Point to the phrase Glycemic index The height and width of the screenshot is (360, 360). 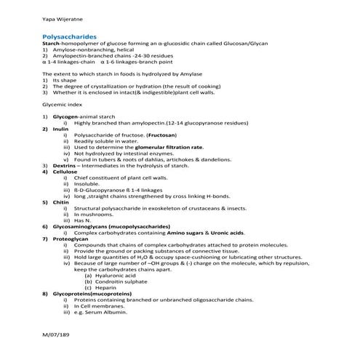(x=62, y=106)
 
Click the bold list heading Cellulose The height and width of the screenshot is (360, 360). (x=63, y=172)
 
